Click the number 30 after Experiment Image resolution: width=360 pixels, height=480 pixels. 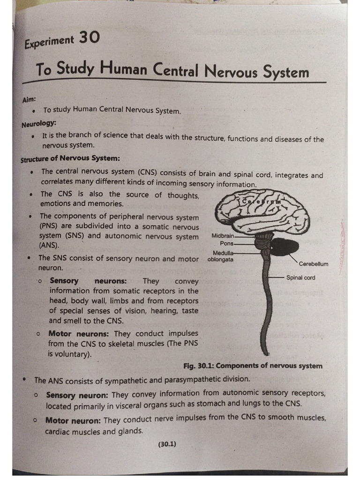[89, 37]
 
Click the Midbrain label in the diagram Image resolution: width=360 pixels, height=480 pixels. [223, 236]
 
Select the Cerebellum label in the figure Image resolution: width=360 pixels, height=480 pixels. [314, 264]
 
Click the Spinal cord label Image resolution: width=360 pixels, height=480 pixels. [300, 277]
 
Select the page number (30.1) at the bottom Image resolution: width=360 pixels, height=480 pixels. [167, 444]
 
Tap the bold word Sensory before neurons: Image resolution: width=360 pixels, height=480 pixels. [64, 281]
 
